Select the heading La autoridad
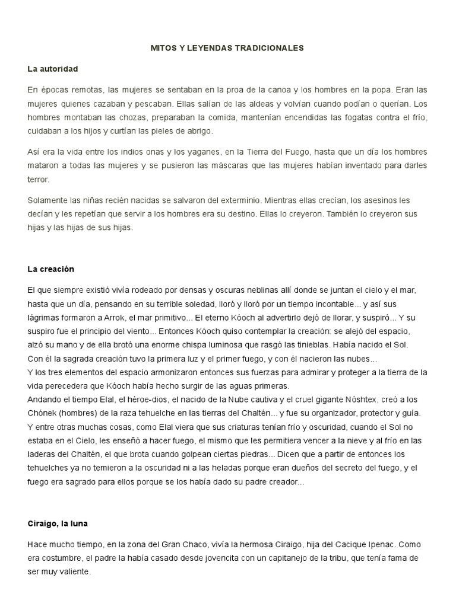click(53, 69)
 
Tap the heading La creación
click(50, 269)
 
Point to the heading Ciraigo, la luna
click(58, 524)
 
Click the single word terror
click(39, 179)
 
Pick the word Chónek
click(43, 413)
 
